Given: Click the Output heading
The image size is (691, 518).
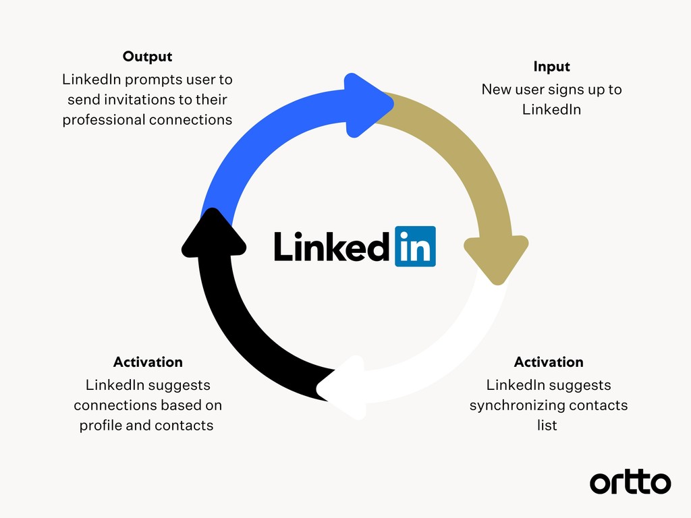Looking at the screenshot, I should tap(147, 57).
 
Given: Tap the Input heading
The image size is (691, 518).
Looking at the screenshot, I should tap(551, 67).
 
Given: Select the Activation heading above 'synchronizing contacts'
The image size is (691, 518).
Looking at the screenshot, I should tap(549, 362).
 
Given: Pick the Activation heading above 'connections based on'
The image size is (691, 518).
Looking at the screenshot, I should tap(148, 362).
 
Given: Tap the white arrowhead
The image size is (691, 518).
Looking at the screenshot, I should tap(344, 388).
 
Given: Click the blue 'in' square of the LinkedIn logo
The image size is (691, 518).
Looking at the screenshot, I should tap(414, 246).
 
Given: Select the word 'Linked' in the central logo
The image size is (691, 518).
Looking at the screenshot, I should tap(331, 246).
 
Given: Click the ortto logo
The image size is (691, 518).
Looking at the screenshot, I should tap(630, 482).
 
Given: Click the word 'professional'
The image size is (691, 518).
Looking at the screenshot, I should tap(104, 120).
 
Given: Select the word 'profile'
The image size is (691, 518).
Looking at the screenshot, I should tap(101, 426).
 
